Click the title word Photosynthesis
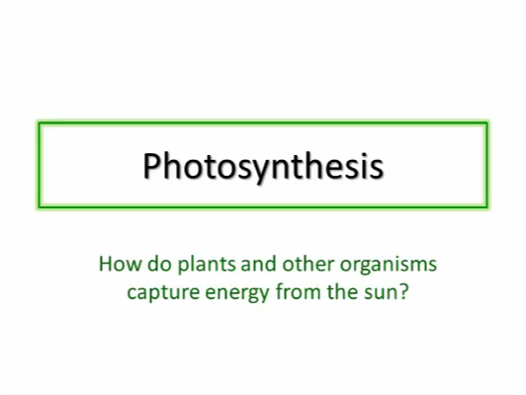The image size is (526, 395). click(263, 167)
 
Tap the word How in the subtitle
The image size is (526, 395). click(120, 264)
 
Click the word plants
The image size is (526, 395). click(207, 265)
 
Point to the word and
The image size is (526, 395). click(258, 264)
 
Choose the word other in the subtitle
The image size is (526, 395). click(308, 264)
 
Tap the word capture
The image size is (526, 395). click(163, 293)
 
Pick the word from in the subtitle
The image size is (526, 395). click(299, 291)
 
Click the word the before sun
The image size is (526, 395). click(342, 291)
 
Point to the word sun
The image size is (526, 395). click(381, 294)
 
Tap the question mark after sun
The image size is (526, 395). click(403, 291)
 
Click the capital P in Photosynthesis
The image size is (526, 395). click(152, 166)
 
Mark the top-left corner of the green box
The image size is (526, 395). click(39, 123)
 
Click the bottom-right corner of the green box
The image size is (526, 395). click(487, 207)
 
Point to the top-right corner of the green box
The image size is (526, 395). click(487, 123)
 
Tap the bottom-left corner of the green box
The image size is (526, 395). click(39, 207)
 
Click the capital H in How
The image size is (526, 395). click(106, 264)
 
